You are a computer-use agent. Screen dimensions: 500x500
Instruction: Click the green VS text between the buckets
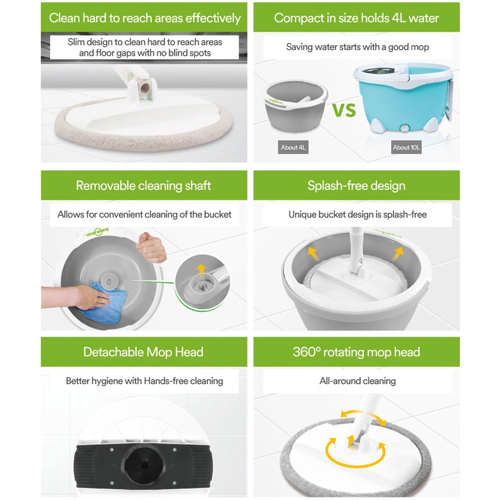(344, 110)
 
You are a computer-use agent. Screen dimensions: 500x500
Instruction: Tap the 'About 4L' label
(293, 147)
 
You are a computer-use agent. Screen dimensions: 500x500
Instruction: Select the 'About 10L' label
(406, 147)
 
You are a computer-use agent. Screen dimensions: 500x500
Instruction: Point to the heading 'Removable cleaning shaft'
(144, 185)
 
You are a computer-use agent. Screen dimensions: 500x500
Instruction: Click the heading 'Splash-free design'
(356, 185)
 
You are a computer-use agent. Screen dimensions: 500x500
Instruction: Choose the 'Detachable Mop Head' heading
(144, 352)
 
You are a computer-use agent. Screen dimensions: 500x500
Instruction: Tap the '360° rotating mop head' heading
(356, 352)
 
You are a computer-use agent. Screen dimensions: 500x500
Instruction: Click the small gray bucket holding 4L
(296, 106)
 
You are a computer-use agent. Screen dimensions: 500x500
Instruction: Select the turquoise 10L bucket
(404, 97)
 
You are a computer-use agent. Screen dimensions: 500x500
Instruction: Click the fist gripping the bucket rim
(151, 247)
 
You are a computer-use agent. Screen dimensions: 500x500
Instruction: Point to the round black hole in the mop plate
(143, 464)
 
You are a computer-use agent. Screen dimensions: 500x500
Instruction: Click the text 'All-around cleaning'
(358, 381)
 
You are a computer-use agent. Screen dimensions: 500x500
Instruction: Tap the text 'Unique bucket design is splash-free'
(358, 215)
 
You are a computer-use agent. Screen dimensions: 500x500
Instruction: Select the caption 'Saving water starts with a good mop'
(358, 47)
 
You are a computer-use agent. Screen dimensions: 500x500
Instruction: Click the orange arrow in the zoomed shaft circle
(201, 269)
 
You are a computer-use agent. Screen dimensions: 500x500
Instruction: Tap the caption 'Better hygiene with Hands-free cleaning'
(144, 381)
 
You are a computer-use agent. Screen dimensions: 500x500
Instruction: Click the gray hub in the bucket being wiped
(109, 280)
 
